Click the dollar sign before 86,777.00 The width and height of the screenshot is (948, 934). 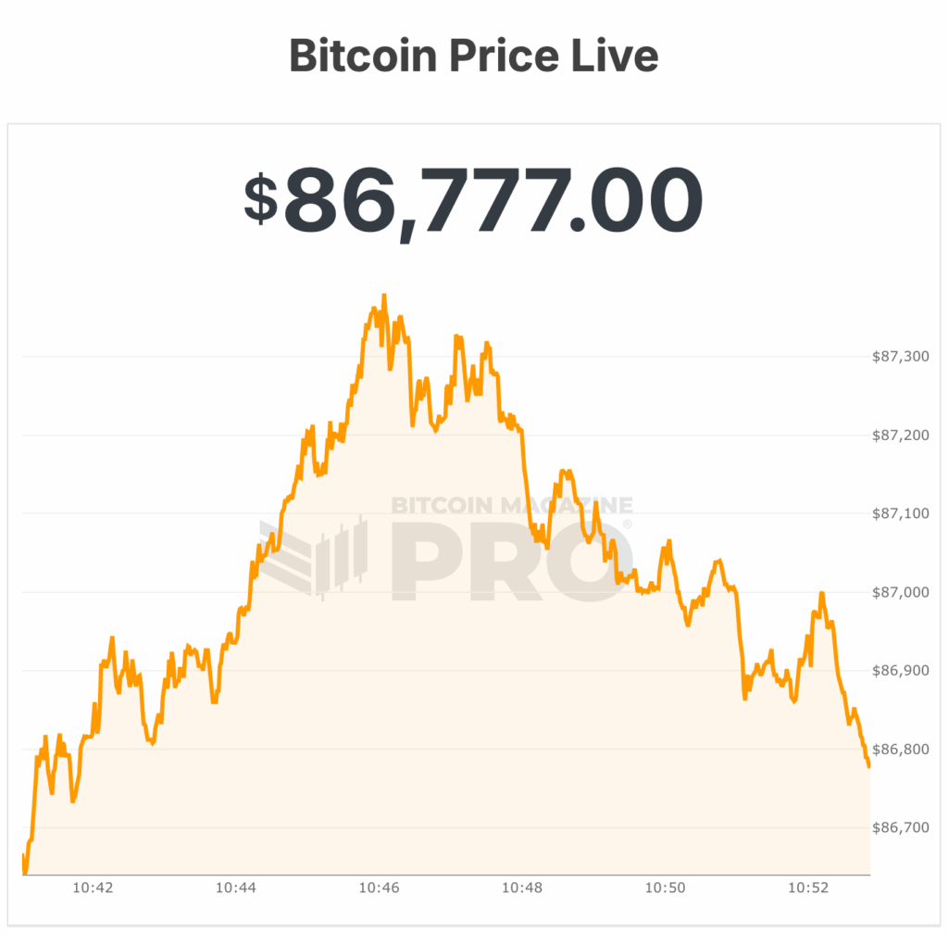pyautogui.click(x=260, y=198)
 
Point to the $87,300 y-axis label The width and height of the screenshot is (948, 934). pyautogui.click(x=901, y=357)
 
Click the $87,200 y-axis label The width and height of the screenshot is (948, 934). pyautogui.click(x=901, y=435)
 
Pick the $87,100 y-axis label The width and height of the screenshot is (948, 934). pyautogui.click(x=901, y=513)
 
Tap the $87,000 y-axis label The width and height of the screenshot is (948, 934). pyautogui.click(x=901, y=592)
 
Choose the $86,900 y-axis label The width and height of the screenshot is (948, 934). pyautogui.click(x=901, y=670)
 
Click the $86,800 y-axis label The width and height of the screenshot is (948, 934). pyautogui.click(x=901, y=749)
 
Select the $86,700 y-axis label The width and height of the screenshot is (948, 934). pyautogui.click(x=901, y=827)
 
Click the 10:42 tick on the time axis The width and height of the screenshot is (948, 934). pyautogui.click(x=93, y=888)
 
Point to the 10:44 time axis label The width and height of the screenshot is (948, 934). pyautogui.click(x=236, y=888)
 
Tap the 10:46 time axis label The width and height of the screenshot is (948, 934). pyautogui.click(x=380, y=888)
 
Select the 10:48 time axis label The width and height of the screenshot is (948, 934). pyautogui.click(x=522, y=888)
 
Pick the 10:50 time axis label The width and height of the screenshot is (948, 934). pyautogui.click(x=666, y=888)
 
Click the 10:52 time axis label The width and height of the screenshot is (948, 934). pyautogui.click(x=808, y=888)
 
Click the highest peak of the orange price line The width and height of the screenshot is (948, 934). pyautogui.click(x=383, y=296)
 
